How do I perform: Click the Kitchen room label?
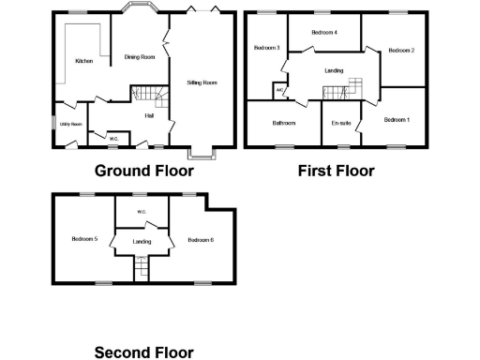83,62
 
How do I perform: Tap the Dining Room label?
140,57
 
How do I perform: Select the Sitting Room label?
202,82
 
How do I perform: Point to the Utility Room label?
71,124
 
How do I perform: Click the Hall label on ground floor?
149,115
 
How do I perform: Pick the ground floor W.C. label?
113,139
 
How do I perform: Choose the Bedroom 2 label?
401,50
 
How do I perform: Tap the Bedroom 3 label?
267,47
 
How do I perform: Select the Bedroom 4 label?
324,33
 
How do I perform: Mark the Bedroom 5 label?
84,239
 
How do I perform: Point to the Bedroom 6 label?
201,241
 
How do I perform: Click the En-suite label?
340,123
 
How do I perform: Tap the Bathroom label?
284,123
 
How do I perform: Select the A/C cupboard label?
279,90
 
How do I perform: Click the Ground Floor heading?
144,171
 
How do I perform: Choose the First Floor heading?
336,171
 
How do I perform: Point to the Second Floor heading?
144,352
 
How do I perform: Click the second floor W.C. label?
142,212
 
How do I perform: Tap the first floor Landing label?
333,70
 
